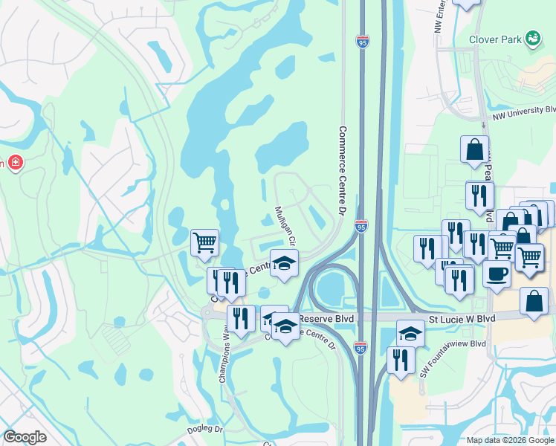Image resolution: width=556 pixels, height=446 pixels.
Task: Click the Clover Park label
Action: pyautogui.click(x=494, y=39)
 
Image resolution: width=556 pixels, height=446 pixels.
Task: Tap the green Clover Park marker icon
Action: pyautogui.click(x=532, y=38)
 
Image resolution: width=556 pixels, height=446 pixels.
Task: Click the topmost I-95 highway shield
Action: pyautogui.click(x=362, y=42)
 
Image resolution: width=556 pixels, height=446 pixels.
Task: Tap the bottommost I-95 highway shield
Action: pyautogui.click(x=361, y=347)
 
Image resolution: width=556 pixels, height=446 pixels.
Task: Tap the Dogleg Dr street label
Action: pyautogui.click(x=204, y=429)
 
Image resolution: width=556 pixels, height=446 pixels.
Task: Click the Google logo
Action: pyautogui.click(x=25, y=437)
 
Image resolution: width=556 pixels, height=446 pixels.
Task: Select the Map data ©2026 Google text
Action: pyautogui.click(x=510, y=440)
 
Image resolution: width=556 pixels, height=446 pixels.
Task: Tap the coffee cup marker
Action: pyautogui.click(x=497, y=272)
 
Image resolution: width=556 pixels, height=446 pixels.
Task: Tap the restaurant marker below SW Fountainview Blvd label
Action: pyautogui.click(x=401, y=361)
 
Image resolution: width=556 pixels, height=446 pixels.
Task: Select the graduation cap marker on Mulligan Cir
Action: pyautogui.click(x=284, y=263)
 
